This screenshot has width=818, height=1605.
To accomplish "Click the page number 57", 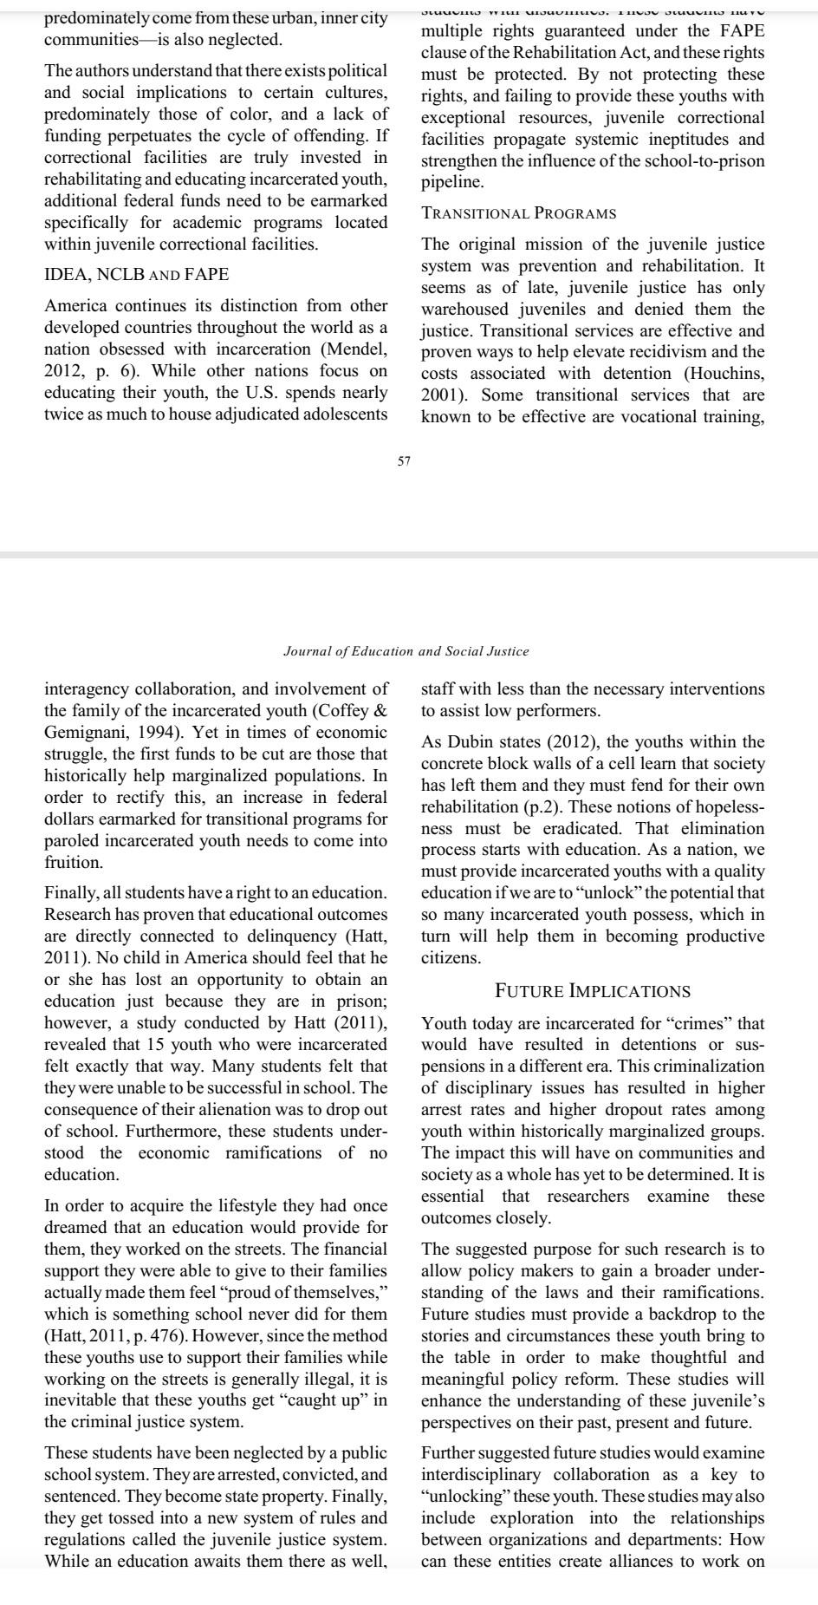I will click(x=405, y=461).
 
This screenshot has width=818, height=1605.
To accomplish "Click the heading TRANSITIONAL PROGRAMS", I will click(x=518, y=213).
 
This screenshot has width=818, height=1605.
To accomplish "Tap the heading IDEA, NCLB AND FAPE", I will click(x=136, y=275).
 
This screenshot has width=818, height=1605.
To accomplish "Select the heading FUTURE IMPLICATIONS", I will click(x=592, y=990).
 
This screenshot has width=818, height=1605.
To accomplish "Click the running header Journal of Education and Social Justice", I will click(x=406, y=650).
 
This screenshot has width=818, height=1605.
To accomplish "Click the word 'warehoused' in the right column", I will click(x=466, y=310).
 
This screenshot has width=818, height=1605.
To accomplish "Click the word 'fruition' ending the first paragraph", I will click(x=73, y=863).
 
